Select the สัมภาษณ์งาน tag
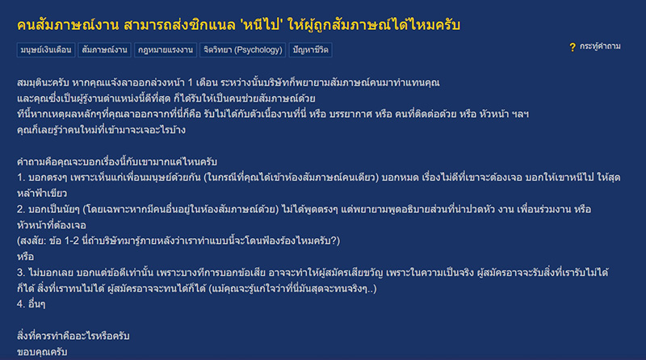tap(103, 50)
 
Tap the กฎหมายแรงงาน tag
tap(165, 50)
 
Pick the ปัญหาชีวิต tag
tap(311, 50)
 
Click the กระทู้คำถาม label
tap(600, 47)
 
